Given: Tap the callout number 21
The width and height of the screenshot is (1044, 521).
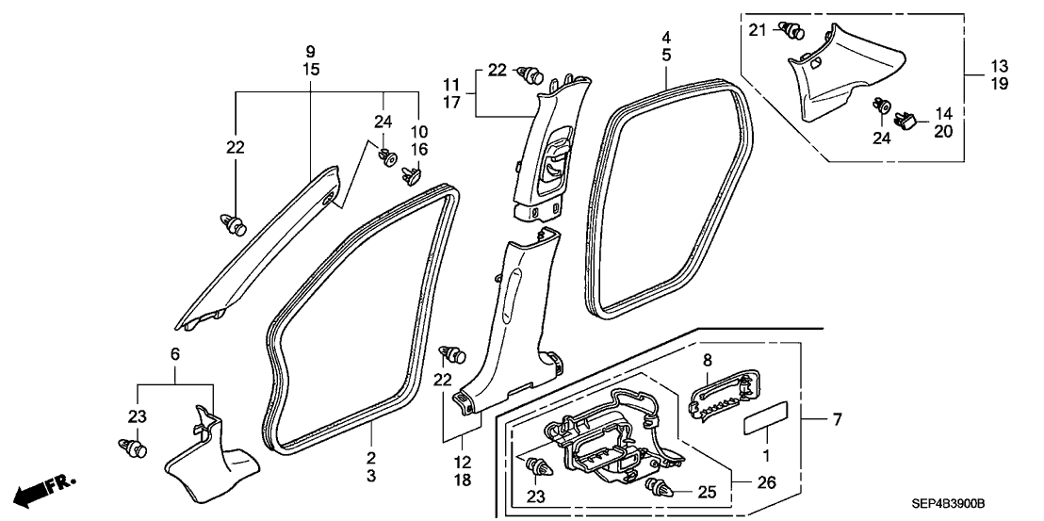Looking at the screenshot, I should pos(759,31).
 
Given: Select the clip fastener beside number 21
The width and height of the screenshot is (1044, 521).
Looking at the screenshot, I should pos(792,33).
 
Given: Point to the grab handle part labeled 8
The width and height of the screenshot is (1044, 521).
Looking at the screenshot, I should pos(726,396).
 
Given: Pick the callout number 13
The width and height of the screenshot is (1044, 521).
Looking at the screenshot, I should pos(999,66).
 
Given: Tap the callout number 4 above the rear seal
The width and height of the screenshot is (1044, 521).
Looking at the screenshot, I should pos(666,38).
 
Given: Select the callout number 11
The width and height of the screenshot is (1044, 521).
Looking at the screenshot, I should pos(451,84).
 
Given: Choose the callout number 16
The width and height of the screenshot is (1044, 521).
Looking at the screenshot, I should pos(417,149).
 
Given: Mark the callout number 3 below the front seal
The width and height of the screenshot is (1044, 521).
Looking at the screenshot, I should pos(371,477).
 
